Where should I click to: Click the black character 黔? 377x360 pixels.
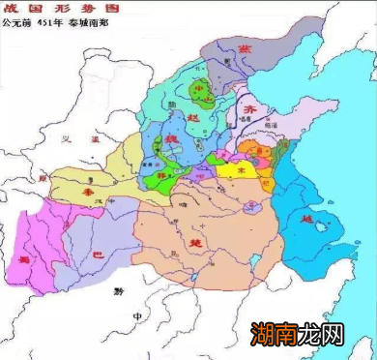tap(117, 289)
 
